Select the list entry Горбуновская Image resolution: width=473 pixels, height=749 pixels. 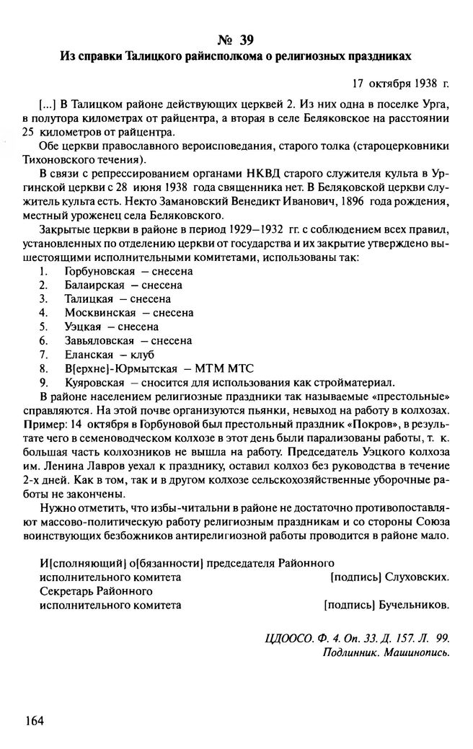click(97, 272)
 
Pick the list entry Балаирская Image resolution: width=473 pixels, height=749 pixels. click(94, 285)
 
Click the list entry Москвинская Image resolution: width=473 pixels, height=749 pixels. click(100, 313)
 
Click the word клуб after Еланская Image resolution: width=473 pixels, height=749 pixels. click(143, 354)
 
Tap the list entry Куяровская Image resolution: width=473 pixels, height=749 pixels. click(93, 381)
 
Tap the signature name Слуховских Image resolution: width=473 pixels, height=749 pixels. click(417, 577)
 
